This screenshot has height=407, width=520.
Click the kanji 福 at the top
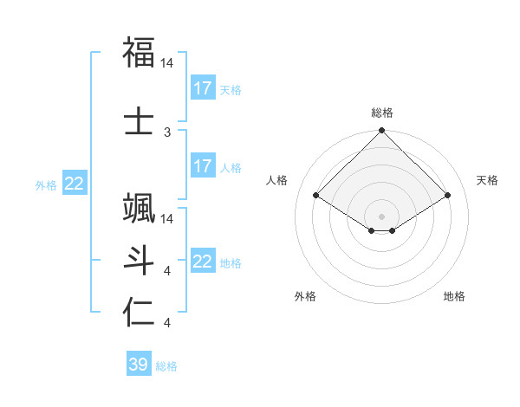(140, 54)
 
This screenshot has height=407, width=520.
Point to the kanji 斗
(140, 260)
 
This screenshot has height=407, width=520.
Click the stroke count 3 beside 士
(167, 132)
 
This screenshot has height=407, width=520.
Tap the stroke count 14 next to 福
(167, 63)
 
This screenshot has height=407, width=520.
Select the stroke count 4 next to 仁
(167, 323)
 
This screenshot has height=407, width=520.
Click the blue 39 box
(138, 365)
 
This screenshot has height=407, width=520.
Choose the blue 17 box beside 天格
(202, 87)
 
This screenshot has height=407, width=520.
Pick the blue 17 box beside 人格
(202, 166)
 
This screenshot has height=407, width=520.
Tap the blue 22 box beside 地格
(202, 262)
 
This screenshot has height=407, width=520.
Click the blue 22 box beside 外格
(75, 183)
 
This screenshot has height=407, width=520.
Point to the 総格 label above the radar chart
(382, 113)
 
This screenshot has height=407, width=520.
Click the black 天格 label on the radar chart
(488, 180)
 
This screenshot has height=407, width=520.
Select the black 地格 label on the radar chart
(454, 296)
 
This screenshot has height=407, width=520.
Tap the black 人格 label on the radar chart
(277, 180)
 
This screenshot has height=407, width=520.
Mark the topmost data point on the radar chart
(382, 132)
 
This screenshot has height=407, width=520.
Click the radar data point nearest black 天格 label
(448, 196)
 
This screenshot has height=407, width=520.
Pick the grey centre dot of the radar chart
(382, 216)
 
